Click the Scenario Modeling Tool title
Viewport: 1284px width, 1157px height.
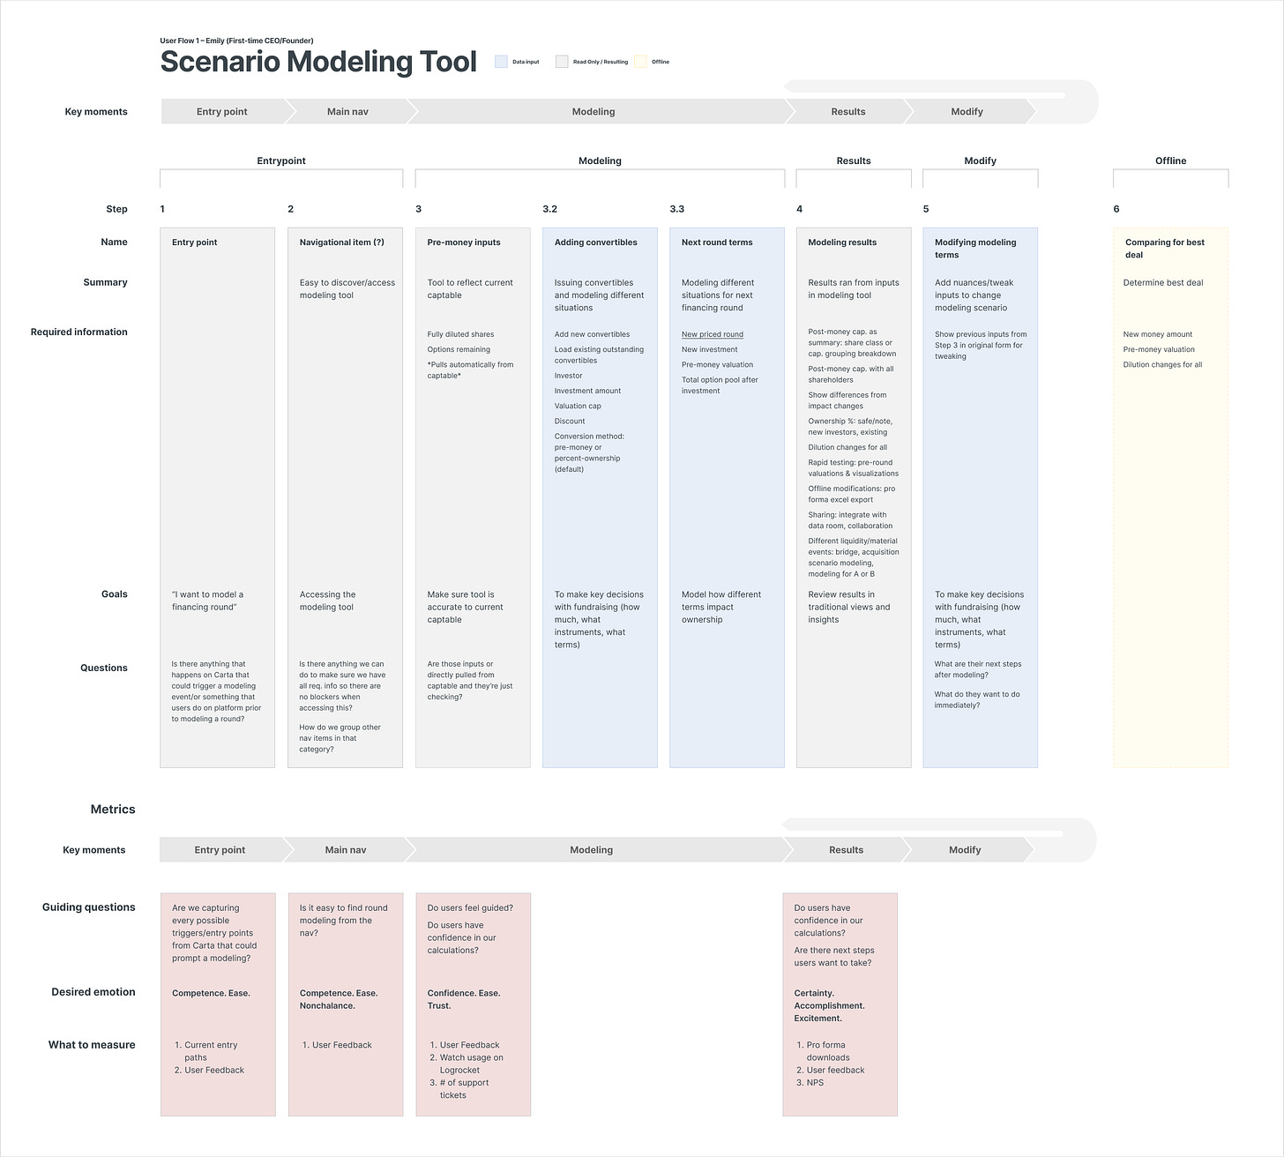[x=318, y=62]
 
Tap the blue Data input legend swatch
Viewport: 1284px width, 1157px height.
[x=501, y=62]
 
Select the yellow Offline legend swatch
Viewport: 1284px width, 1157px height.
[x=640, y=62]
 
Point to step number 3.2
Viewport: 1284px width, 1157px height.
[x=549, y=209]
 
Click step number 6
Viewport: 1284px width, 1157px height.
[x=1116, y=209]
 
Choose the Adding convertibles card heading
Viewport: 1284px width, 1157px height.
[x=595, y=243]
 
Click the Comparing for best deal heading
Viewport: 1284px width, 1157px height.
[x=1164, y=248]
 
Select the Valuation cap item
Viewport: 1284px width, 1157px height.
[x=578, y=407]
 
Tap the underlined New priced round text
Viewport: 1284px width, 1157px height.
[x=712, y=334]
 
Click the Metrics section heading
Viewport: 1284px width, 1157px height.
[x=113, y=810]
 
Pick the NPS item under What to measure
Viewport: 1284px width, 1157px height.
[x=815, y=1083]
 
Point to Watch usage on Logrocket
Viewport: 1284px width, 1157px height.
[x=471, y=1064]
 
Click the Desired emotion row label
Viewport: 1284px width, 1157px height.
[x=93, y=992]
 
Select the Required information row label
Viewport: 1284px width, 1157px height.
[x=79, y=332]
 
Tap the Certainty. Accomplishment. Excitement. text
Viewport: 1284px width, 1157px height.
[x=829, y=1005]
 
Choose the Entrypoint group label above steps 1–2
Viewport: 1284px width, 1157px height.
[x=281, y=161]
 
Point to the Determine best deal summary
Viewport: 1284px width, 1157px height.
[x=1162, y=283]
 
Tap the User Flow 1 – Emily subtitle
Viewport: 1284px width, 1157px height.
[x=236, y=41]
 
